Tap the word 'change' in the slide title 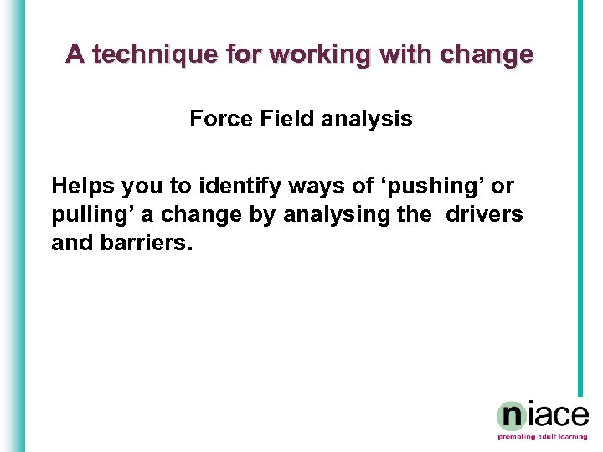click(x=485, y=54)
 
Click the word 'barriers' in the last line click(x=143, y=244)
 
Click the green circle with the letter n click(x=512, y=415)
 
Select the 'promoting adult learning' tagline click(x=543, y=437)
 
